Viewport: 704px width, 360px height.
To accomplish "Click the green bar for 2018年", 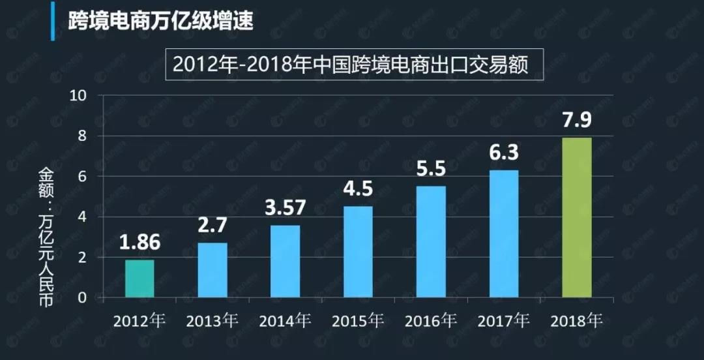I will (x=577, y=217).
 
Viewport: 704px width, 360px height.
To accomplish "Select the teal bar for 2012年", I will (x=139, y=278).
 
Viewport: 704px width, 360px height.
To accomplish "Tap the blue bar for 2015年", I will (x=358, y=252).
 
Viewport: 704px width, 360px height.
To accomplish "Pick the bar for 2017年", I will (x=504, y=233).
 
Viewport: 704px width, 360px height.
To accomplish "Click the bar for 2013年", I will (x=213, y=270).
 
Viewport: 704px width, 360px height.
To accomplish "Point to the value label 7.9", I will (x=577, y=121).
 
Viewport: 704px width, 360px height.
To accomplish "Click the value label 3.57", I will (x=286, y=209).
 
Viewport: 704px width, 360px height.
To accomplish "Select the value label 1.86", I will (x=139, y=243).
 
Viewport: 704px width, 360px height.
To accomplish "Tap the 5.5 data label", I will (x=431, y=170).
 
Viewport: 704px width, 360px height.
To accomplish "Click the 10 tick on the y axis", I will (x=78, y=96).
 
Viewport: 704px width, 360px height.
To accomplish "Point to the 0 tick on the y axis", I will (x=82, y=298).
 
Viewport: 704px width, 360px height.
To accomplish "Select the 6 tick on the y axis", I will (x=82, y=177).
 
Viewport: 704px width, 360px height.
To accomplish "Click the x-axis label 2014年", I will (x=285, y=321).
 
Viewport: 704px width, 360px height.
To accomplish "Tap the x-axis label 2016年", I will (x=431, y=321).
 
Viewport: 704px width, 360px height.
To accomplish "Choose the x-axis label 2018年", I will (x=577, y=321).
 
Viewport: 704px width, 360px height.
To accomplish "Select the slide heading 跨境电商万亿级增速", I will (x=160, y=20).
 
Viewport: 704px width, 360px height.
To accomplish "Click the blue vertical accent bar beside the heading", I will (x=53, y=21).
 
